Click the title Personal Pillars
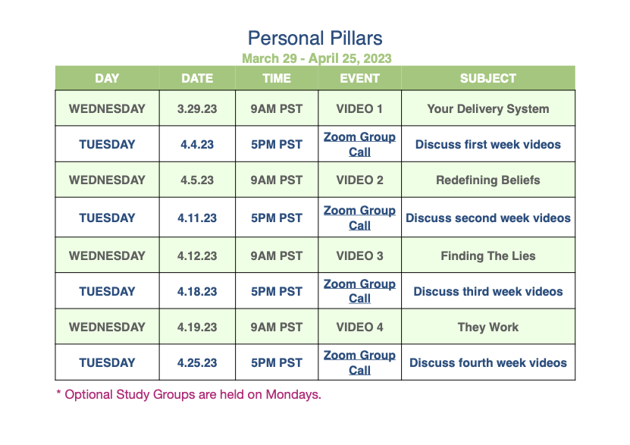(315, 39)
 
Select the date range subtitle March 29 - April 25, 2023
(317, 58)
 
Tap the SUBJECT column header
(487, 78)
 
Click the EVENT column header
(359, 78)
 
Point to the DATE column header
(197, 78)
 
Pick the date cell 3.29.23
(197, 109)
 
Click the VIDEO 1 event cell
(359, 109)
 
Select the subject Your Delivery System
(487, 109)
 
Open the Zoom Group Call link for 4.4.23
(359, 144)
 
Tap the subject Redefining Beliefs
(487, 180)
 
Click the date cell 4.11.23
(197, 218)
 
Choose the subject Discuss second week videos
(487, 218)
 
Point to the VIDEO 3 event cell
(359, 255)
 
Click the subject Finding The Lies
(487, 255)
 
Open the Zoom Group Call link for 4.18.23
(359, 291)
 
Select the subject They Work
(487, 327)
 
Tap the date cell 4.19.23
(197, 327)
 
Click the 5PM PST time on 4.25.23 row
(277, 362)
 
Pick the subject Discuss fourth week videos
(487, 362)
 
